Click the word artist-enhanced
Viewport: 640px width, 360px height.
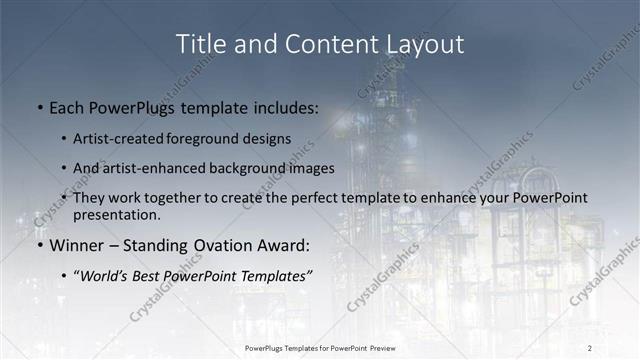pyautogui.click(x=159, y=168)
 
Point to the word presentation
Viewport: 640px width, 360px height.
pyautogui.click(x=116, y=214)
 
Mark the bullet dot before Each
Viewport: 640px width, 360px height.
pyautogui.click(x=39, y=106)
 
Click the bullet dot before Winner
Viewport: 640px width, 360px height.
pyautogui.click(x=39, y=244)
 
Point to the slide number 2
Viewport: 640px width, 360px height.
pyautogui.click(x=590, y=347)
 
